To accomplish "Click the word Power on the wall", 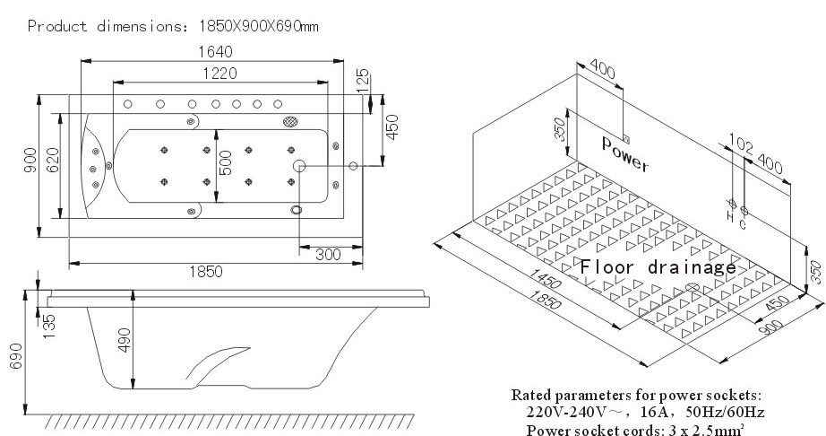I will (x=625, y=154).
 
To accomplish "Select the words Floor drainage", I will (x=658, y=266).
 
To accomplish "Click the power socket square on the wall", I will (x=626, y=137).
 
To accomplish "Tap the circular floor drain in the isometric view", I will (x=693, y=287).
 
